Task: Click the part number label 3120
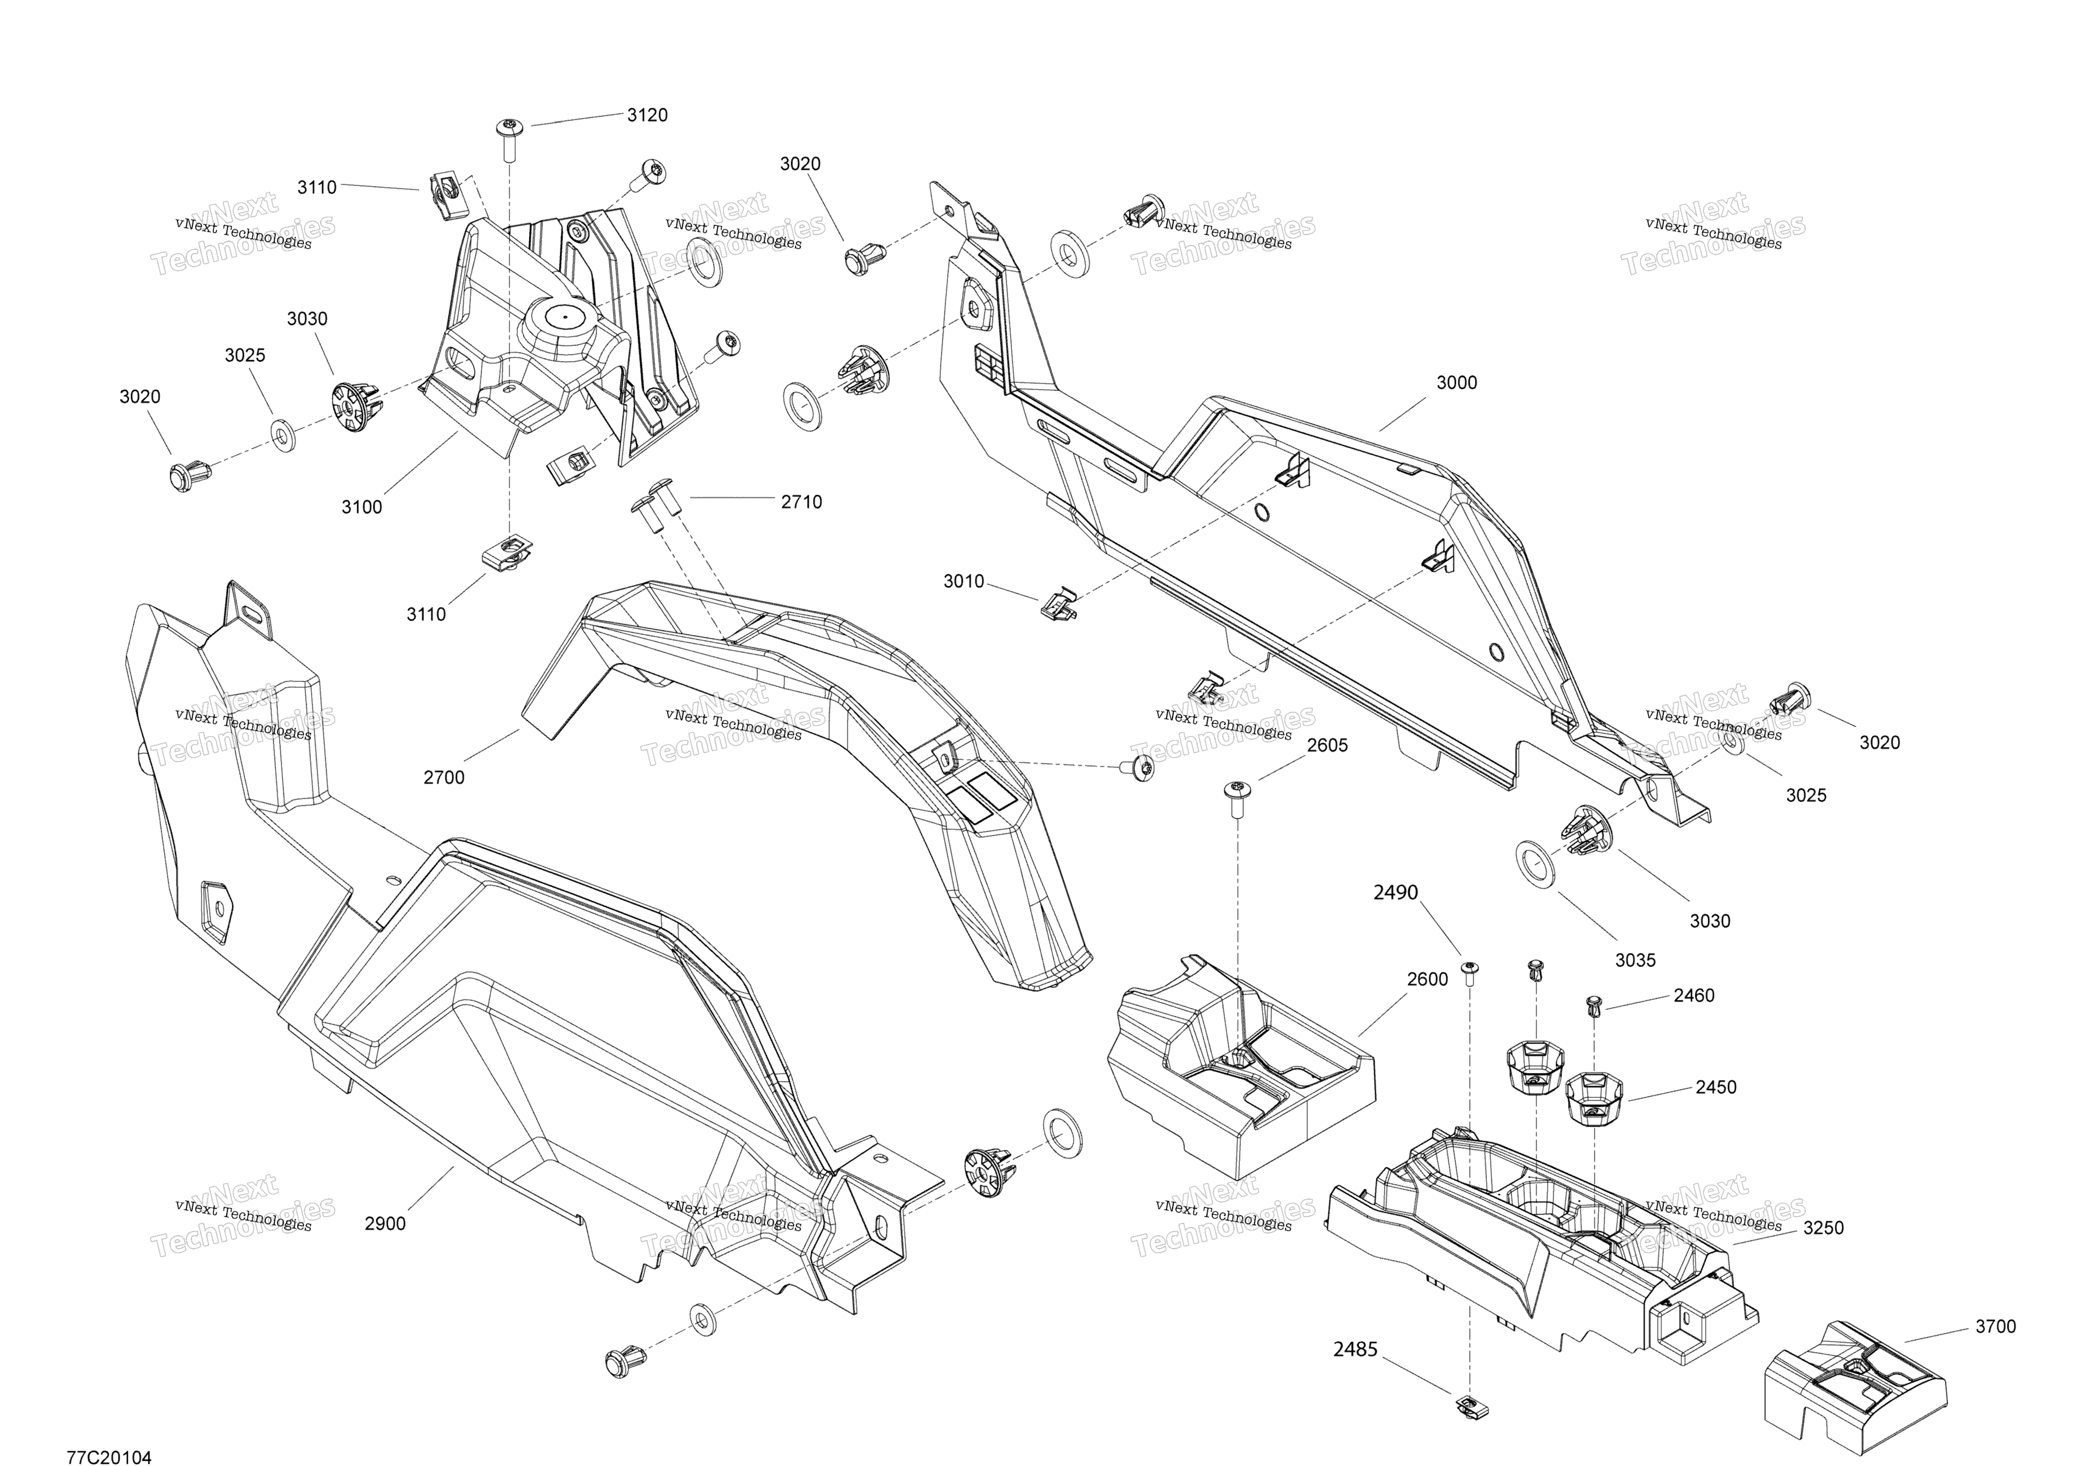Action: [647, 115]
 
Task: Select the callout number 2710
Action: [802, 502]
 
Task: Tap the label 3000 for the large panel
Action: [1457, 383]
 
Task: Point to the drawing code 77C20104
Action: [109, 1433]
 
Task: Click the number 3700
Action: [1996, 1327]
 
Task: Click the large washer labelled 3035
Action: [1535, 864]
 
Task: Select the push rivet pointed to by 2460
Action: [1594, 1005]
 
